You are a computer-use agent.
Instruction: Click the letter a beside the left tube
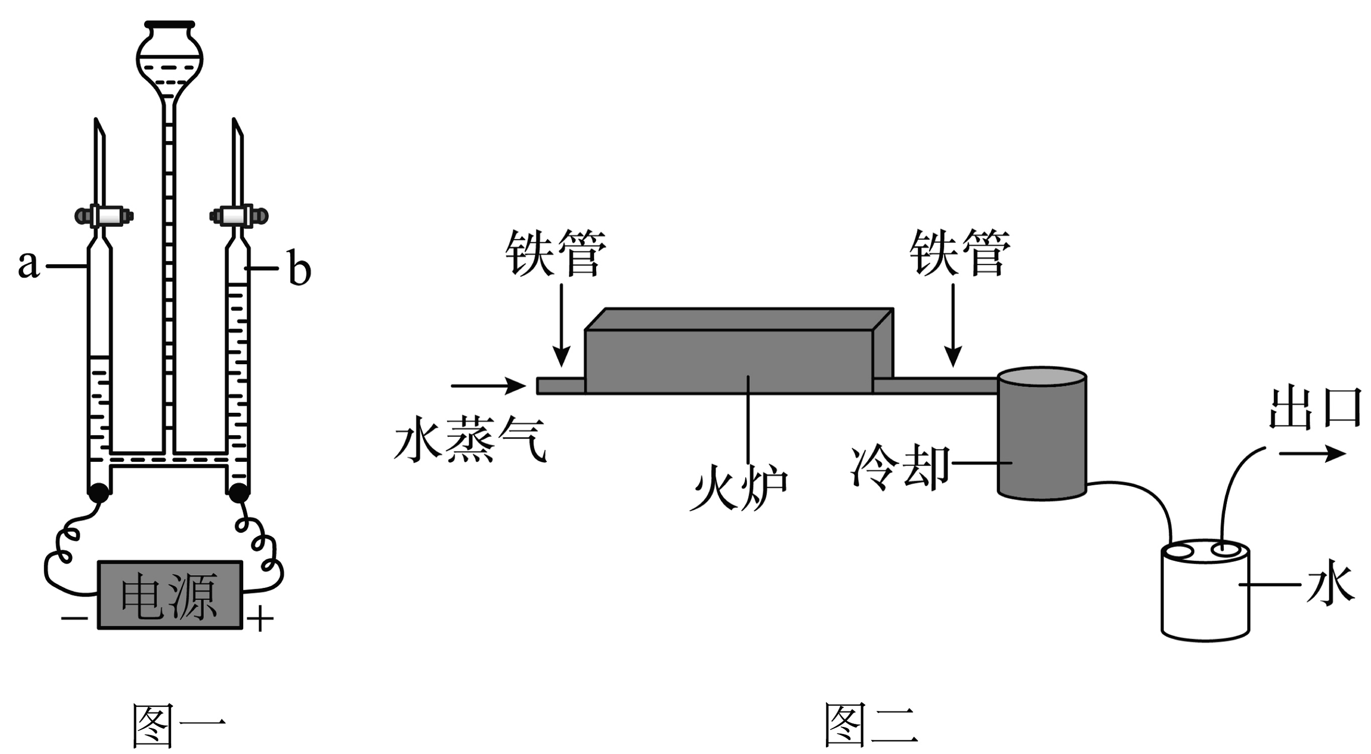point(29,264)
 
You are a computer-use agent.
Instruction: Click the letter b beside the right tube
point(299,269)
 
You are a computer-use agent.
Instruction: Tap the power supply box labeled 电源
point(170,595)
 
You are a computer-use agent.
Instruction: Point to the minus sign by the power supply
point(74,618)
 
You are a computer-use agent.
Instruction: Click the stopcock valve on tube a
point(104,216)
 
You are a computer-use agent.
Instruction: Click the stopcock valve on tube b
point(239,216)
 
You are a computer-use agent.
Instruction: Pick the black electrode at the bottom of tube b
point(239,493)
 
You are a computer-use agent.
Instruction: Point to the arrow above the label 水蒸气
point(488,386)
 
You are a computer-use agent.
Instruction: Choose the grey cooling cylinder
point(1042,434)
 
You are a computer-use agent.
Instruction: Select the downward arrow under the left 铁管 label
point(561,324)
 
